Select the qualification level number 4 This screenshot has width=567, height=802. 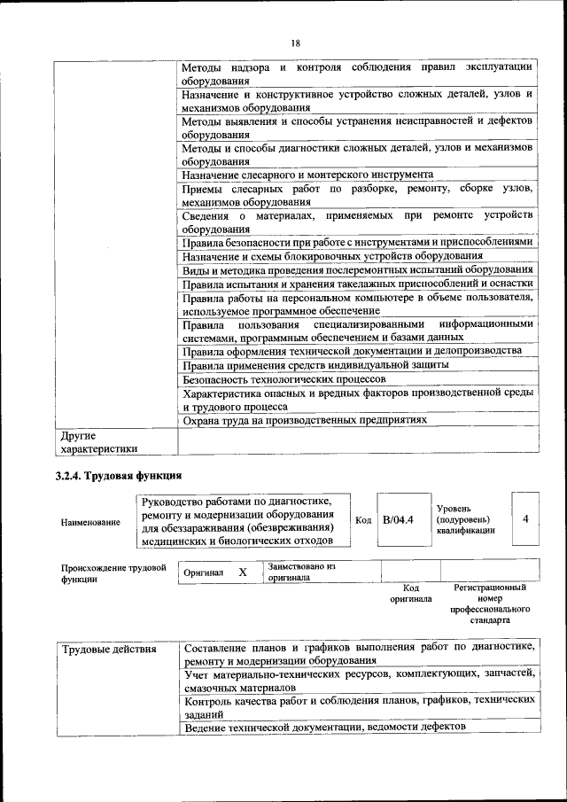525,518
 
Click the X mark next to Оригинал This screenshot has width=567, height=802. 242,573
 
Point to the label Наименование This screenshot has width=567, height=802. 90,522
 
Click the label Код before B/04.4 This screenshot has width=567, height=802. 363,519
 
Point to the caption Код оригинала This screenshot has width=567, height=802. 410,593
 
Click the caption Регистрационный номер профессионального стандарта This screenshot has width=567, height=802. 489,603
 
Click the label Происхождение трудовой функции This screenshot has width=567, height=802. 113,573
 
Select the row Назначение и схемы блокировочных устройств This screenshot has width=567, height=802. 326,255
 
